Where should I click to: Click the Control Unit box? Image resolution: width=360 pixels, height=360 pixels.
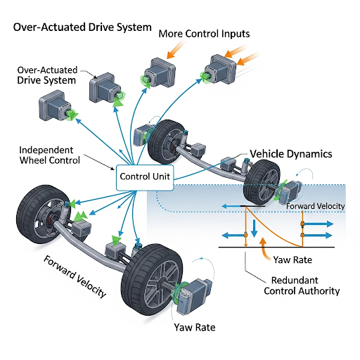[145, 177]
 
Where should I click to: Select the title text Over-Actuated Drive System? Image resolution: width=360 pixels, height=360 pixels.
[82, 27]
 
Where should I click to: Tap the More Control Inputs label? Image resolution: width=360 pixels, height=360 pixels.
[204, 34]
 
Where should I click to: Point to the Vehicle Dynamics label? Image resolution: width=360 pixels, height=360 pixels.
[291, 154]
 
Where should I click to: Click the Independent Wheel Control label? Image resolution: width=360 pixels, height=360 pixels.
[50, 155]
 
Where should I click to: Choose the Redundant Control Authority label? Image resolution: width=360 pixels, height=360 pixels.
[302, 285]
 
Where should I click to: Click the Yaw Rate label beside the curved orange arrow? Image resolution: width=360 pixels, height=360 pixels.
[292, 259]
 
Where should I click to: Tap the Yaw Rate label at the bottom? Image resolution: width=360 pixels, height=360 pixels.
[195, 327]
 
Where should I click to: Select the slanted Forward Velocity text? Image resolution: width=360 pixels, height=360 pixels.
[75, 276]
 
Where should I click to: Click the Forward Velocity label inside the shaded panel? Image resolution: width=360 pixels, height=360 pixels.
[316, 206]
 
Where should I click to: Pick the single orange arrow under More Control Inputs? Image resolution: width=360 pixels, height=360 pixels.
[175, 50]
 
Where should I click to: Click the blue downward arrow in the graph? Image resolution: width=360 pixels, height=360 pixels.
[254, 229]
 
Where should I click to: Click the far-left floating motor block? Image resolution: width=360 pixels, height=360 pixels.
[56, 106]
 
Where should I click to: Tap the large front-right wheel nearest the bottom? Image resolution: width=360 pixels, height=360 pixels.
[152, 279]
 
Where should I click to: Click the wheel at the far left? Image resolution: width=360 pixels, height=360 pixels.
[41, 214]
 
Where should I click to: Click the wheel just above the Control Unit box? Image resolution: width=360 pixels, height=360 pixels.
[167, 142]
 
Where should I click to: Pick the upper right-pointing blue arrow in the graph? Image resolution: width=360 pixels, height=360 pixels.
[317, 224]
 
